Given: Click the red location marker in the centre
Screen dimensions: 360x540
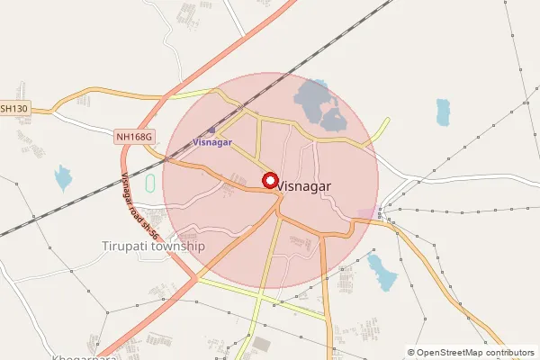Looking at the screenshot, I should [269, 180].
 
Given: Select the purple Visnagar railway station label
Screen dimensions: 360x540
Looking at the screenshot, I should [212, 143].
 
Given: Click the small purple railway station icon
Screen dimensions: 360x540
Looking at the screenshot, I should [211, 130].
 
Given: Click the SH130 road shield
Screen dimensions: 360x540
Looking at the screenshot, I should [13, 108].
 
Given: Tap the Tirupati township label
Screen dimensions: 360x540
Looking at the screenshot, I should [154, 246].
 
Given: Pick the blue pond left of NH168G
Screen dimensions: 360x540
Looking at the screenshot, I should [63, 177].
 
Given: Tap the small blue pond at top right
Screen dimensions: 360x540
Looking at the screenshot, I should [443, 112].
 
